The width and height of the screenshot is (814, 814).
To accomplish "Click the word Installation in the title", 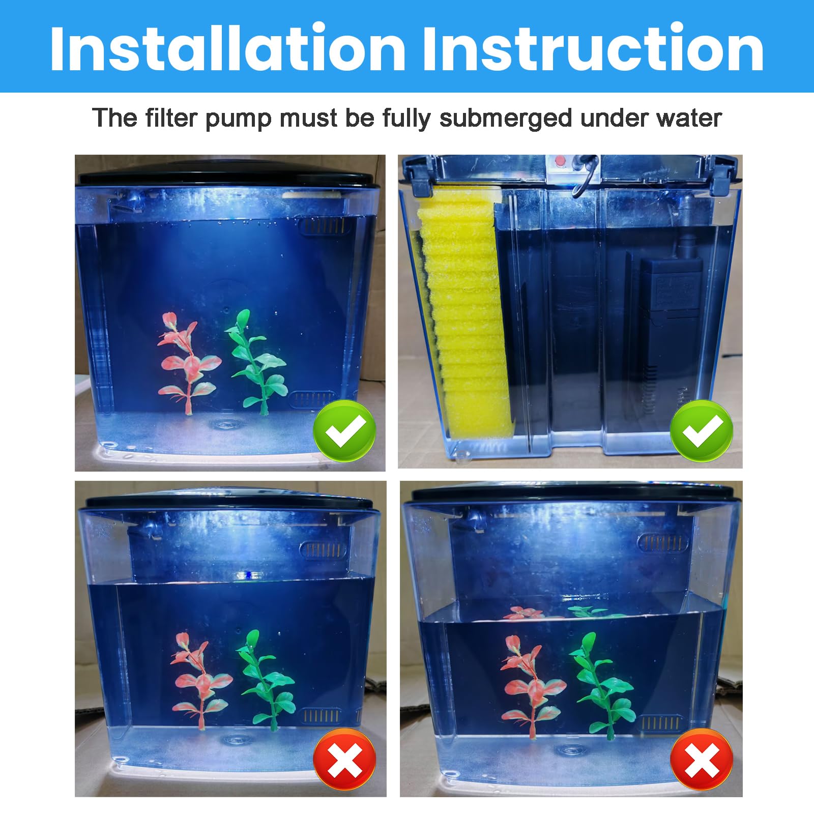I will tap(227, 48).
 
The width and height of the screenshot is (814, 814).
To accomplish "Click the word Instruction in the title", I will tap(593, 48).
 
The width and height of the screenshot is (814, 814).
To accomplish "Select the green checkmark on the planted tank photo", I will tap(344, 430).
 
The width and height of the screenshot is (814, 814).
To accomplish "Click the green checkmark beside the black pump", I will tap(702, 430).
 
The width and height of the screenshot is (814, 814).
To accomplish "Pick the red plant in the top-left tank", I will tap(187, 361).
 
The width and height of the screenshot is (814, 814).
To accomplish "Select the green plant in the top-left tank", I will tap(257, 361).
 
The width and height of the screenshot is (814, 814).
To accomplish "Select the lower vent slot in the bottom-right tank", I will tap(660, 723).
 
